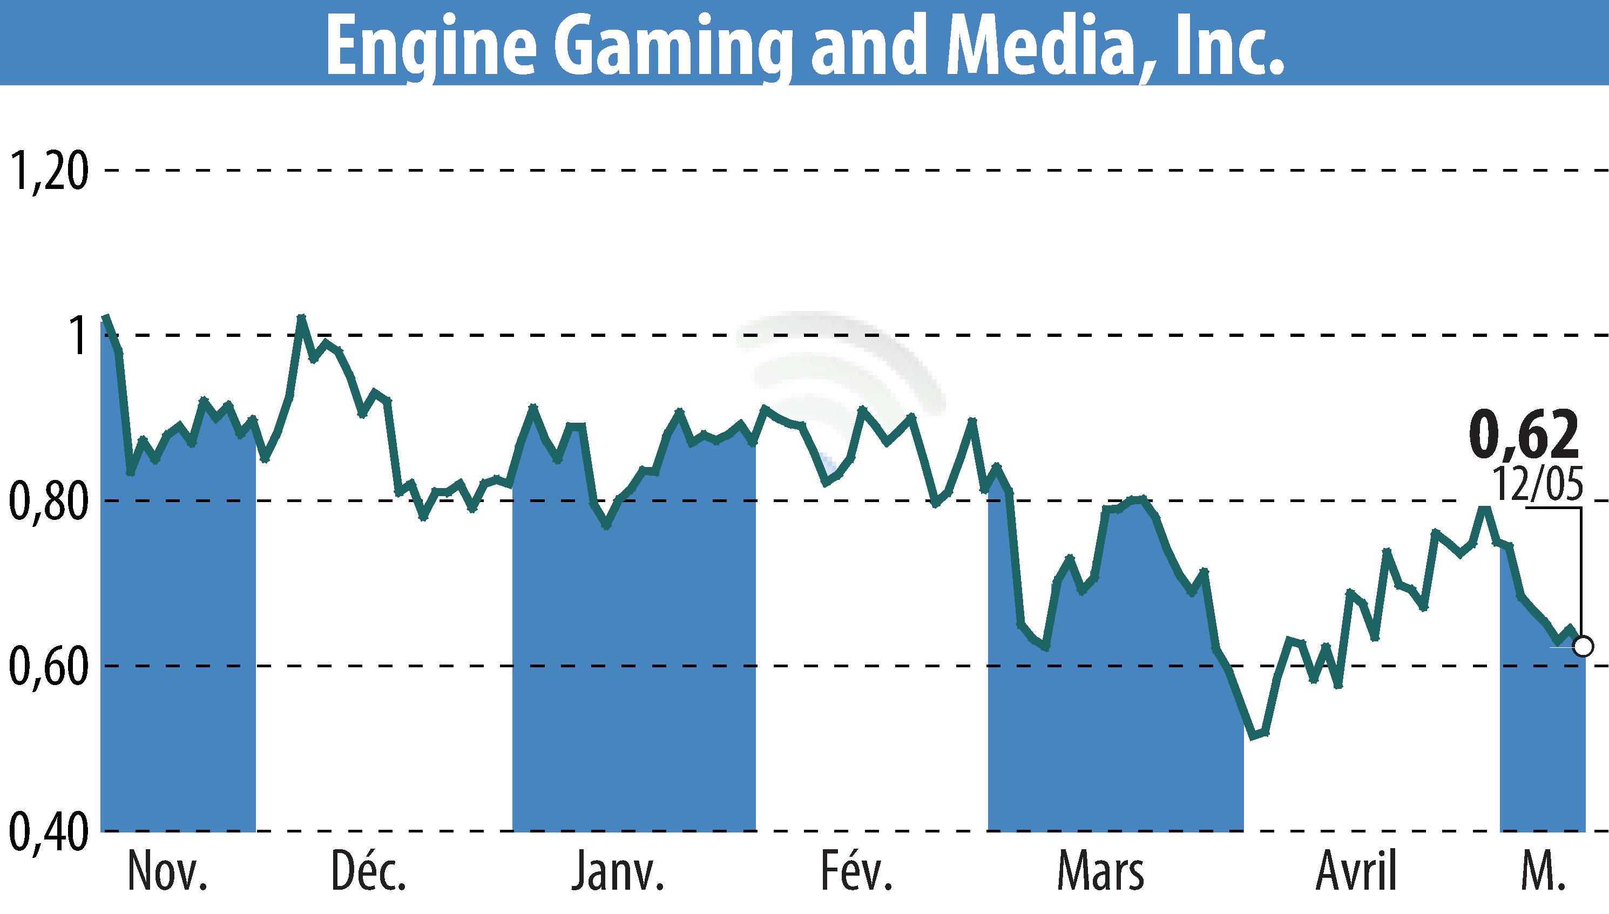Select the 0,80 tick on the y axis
coord(46,502)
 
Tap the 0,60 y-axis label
coord(46,667)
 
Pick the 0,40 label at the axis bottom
coord(46,832)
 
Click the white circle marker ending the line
coord(1583,646)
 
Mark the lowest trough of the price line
coord(1253,736)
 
